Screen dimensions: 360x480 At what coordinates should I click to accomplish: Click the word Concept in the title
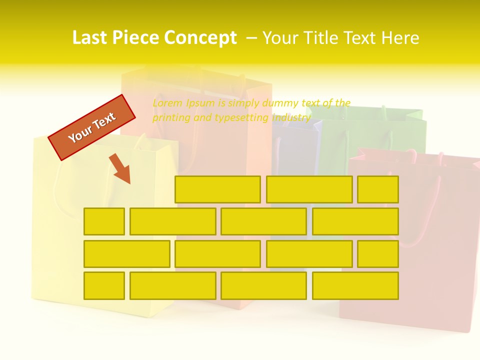click(x=201, y=38)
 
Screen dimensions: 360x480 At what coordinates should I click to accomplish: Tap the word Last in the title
click(x=90, y=38)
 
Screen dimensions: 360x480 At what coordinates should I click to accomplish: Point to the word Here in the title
click(x=399, y=38)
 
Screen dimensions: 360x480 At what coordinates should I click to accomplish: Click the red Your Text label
click(x=92, y=127)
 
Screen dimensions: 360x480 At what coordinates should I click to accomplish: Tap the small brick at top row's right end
click(x=378, y=189)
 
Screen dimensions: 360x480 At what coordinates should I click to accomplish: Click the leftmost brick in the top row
click(x=217, y=189)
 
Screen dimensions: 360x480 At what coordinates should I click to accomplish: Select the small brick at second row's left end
click(x=104, y=221)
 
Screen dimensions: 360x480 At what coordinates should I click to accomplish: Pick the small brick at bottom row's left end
click(x=104, y=285)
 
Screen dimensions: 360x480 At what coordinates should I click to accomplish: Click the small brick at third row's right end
click(x=378, y=253)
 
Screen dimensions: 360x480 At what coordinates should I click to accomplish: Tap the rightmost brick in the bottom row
click(x=355, y=285)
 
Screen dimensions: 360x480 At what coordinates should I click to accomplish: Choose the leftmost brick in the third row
click(x=126, y=253)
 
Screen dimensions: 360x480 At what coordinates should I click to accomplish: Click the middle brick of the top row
click(x=309, y=189)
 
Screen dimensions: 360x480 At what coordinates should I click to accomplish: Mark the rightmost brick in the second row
click(x=355, y=221)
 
